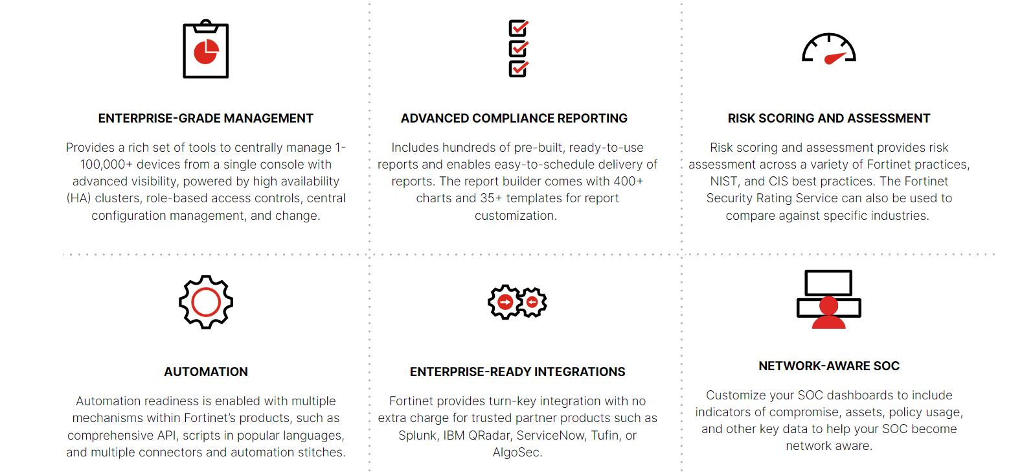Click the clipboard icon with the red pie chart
206,49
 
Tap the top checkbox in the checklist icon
518,28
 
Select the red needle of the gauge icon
835,58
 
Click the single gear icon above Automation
206,302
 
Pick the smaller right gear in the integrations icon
532,302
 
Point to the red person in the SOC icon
828,313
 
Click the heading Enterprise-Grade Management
206,119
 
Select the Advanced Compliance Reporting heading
514,119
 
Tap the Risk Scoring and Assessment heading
829,119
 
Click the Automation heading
206,372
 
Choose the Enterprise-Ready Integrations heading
517,372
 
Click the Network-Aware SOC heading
829,366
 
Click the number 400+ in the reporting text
628,182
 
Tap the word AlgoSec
517,453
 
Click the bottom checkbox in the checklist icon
518,69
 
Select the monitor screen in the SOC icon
828,283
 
